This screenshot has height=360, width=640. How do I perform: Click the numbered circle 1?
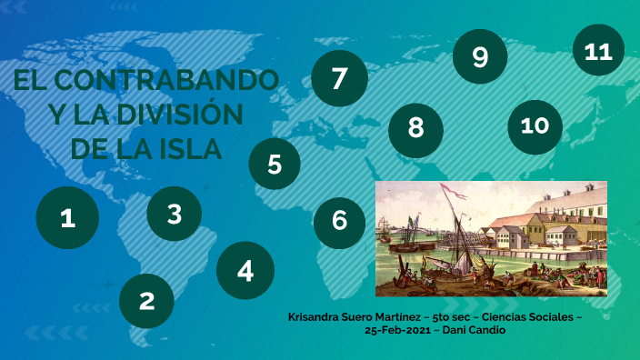point(67,219)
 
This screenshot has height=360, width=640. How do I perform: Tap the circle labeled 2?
point(146,301)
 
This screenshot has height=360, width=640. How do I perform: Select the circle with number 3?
point(175,214)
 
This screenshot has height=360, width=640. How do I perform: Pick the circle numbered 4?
point(245,270)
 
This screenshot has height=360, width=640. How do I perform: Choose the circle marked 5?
point(275,165)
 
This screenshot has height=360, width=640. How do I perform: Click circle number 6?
point(340,220)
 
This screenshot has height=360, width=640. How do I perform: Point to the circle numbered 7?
point(339,78)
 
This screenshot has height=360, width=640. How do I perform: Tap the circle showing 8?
point(416,127)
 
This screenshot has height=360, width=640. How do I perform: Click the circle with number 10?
point(535,125)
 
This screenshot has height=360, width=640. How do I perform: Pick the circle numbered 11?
point(598,51)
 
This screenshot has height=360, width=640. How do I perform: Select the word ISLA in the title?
point(189,148)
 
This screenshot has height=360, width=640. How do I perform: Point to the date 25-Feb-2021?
point(396,330)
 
